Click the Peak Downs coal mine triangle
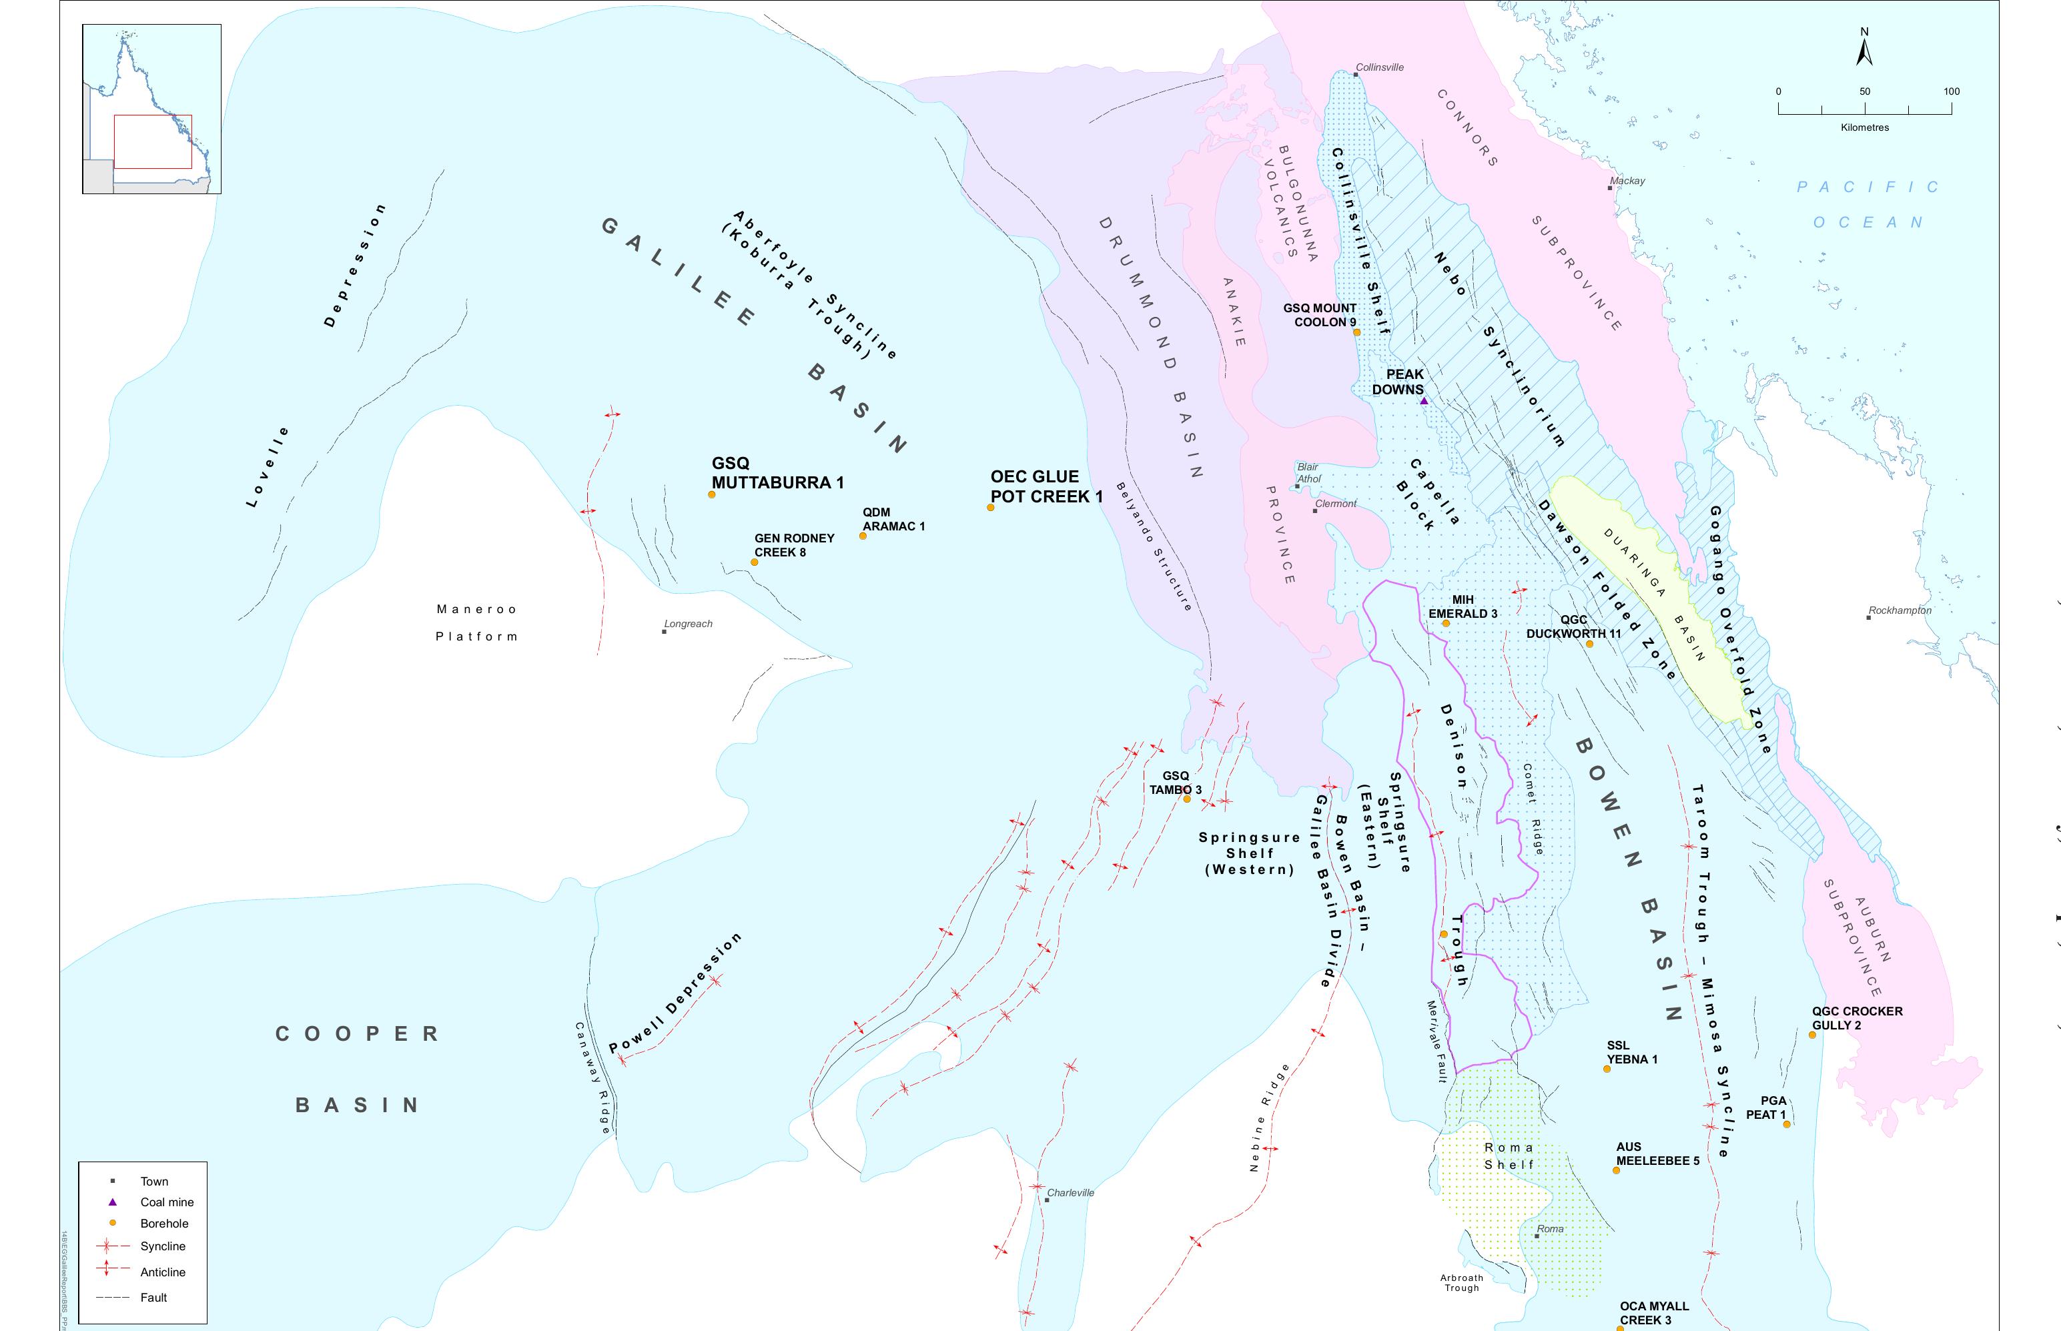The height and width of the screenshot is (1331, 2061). [1424, 401]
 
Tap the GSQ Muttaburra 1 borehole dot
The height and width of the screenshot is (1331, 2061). [712, 494]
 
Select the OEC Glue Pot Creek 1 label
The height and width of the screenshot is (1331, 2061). [1046, 486]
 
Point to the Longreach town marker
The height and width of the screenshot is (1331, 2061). [665, 632]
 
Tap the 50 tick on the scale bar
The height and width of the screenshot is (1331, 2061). [1865, 108]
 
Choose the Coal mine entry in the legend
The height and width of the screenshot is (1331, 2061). [167, 1202]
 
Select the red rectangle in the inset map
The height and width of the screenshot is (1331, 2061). [153, 141]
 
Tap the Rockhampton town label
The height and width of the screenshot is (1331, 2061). [1900, 610]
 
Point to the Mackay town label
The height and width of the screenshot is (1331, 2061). [1627, 181]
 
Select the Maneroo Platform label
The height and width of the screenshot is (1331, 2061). [476, 622]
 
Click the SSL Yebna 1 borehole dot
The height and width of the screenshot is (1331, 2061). [1607, 1069]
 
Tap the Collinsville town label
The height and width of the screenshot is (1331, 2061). [1379, 67]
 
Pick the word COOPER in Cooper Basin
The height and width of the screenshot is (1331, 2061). [357, 1033]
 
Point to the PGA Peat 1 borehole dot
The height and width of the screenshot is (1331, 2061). [1786, 1124]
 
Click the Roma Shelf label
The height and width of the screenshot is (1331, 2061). [1509, 1156]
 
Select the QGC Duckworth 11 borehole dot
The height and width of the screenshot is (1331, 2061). [1589, 644]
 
